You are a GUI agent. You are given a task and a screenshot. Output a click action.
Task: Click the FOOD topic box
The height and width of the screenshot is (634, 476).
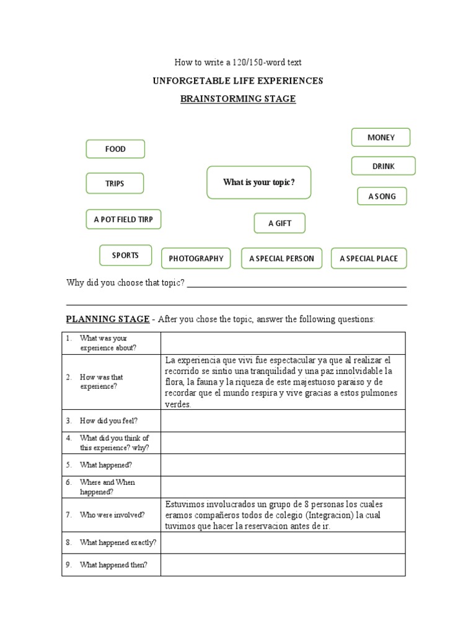click(x=115, y=149)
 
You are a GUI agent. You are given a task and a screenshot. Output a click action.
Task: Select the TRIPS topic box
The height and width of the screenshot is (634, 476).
click(x=115, y=183)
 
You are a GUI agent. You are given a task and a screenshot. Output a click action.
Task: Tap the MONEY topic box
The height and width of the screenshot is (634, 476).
click(x=381, y=137)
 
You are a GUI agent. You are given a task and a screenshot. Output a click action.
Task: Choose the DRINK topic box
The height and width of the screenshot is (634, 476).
click(x=383, y=166)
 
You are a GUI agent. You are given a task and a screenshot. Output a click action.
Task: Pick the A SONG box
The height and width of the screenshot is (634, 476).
click(x=382, y=196)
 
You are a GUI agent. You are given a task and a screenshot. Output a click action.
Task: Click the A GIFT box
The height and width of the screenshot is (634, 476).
click(x=280, y=224)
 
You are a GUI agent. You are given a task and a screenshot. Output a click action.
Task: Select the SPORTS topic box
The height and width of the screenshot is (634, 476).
click(x=125, y=255)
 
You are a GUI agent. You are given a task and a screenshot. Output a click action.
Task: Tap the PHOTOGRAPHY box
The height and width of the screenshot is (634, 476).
click(x=196, y=259)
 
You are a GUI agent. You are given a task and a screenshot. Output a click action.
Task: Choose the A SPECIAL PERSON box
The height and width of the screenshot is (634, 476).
click(x=281, y=259)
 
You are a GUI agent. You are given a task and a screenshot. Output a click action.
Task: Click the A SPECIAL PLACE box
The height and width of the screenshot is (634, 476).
click(x=369, y=259)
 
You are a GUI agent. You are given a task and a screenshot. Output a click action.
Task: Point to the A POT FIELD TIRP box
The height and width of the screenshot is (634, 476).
click(x=123, y=219)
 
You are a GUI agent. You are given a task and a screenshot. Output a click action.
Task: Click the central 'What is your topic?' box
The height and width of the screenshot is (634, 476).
click(x=258, y=183)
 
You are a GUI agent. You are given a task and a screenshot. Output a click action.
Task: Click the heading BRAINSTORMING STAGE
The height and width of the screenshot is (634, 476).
click(x=238, y=99)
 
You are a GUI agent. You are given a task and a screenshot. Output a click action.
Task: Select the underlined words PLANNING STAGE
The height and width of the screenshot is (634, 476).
click(x=108, y=319)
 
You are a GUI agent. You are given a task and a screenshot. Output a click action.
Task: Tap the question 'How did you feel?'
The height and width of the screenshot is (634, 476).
click(x=108, y=420)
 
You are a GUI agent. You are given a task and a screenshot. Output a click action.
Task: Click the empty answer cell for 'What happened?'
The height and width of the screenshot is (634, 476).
click(x=283, y=464)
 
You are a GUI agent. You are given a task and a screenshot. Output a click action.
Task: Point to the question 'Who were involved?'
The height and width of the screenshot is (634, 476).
click(x=112, y=515)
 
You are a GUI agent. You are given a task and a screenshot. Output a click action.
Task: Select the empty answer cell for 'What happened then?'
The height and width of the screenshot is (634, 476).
click(x=283, y=565)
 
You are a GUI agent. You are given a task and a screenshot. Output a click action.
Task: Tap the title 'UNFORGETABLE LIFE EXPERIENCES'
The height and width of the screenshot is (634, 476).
click(x=238, y=81)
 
